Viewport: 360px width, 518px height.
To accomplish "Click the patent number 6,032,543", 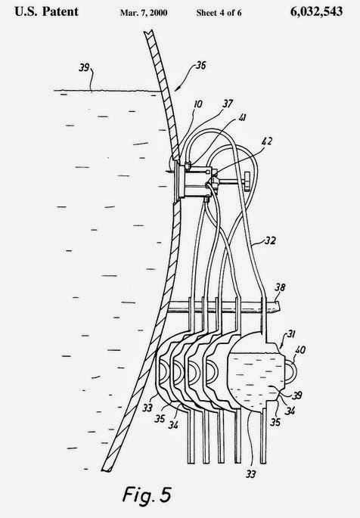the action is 316,12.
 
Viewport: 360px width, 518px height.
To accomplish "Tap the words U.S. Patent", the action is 47,12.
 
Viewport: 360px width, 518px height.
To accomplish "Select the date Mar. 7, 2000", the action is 144,13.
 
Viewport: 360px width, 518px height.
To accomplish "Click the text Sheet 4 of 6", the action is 219,13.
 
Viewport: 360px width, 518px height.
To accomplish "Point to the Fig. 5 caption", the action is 147,495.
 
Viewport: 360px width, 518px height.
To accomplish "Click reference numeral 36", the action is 200,65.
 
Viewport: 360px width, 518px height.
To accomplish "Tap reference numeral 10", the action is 197,104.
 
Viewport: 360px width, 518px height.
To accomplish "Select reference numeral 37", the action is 228,104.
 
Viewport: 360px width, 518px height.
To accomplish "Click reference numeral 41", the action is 242,118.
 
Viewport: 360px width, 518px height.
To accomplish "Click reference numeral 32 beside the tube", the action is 270,240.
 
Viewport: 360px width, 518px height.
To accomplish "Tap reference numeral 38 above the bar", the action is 280,287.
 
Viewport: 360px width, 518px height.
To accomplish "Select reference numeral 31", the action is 290,334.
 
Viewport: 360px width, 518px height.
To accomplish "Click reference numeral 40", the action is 300,349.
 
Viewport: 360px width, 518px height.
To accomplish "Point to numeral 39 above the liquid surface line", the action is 84,68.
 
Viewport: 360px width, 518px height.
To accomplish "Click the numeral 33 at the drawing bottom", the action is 250,474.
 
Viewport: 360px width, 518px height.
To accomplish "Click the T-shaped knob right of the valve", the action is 247,181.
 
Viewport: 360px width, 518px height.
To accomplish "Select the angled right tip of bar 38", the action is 278,306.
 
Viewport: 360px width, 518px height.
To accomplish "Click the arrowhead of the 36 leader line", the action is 176,88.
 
